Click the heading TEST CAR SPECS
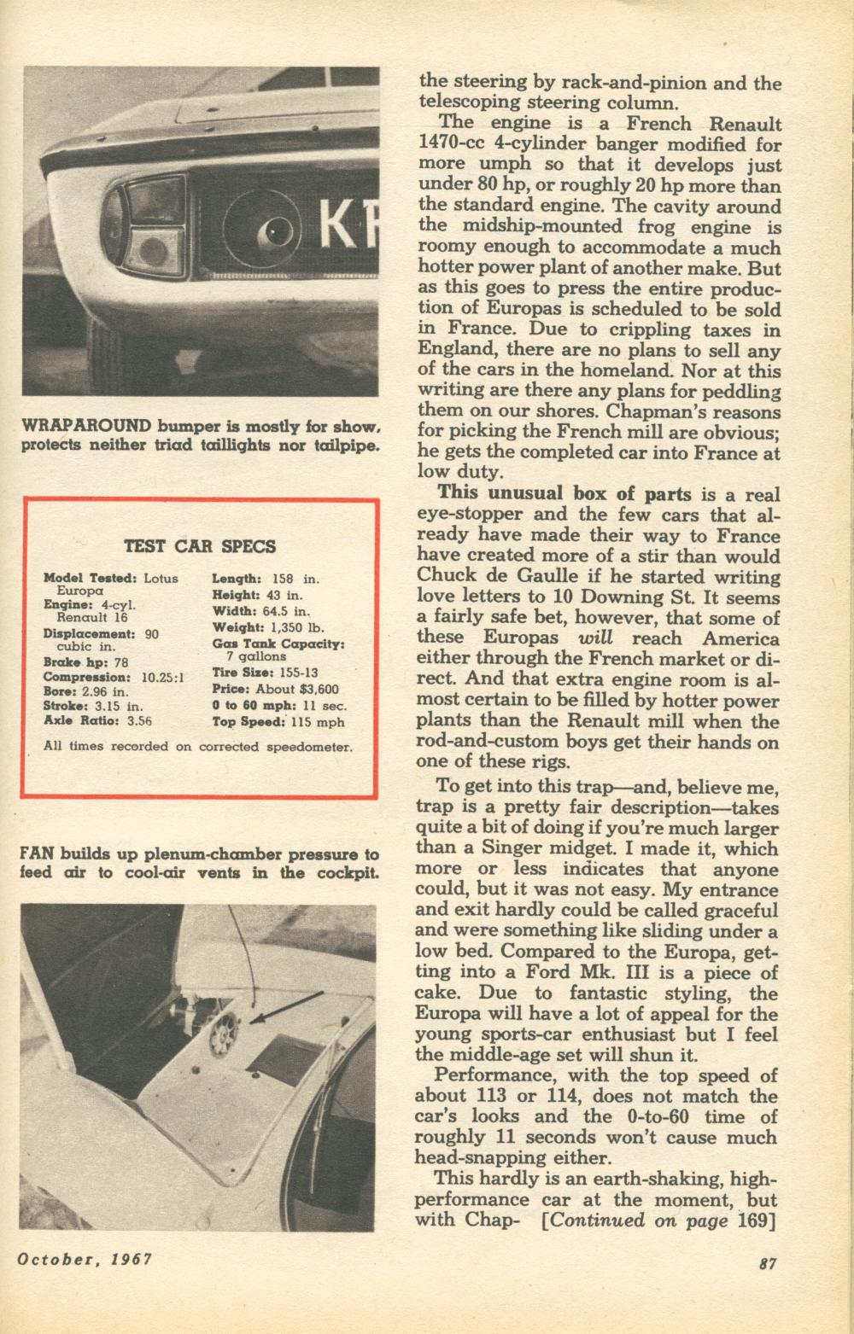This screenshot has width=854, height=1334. pos(200,546)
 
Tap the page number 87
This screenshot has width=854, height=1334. pos(767,1265)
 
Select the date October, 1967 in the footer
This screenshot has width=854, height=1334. pos(84,1260)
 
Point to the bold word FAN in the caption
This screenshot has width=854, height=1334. pos(33,853)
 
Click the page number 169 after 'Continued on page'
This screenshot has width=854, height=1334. pos(755,1219)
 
